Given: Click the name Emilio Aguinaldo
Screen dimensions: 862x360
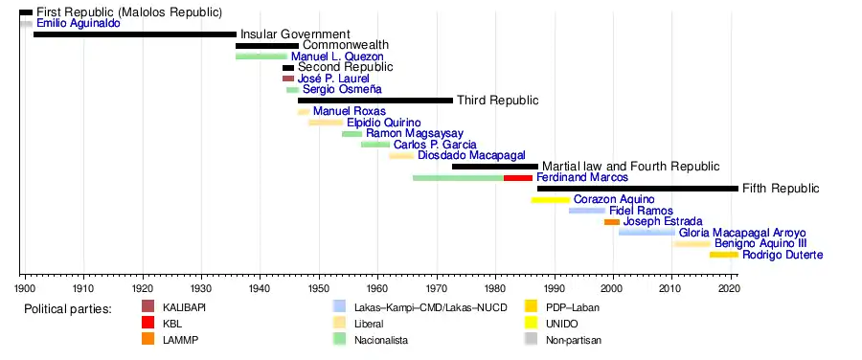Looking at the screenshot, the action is [x=79, y=24].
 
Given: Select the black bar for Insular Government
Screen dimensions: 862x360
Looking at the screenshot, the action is [x=135, y=34].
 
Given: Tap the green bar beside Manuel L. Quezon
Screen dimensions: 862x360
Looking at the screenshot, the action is [x=261, y=56].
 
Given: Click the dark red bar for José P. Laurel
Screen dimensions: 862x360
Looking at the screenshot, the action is [x=288, y=79].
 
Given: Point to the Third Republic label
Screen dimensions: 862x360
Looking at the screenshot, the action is [x=498, y=101].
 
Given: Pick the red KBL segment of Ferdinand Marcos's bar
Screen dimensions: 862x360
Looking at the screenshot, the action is [x=518, y=178].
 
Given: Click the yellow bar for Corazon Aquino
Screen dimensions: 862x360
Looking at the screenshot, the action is [x=551, y=200].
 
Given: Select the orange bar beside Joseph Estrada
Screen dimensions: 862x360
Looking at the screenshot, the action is [x=612, y=222].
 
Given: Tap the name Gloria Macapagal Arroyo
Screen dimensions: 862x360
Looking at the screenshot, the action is [x=742, y=233].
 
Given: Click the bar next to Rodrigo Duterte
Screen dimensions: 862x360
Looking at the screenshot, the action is [x=724, y=255].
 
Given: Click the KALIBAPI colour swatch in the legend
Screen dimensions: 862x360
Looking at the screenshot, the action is [x=147, y=306].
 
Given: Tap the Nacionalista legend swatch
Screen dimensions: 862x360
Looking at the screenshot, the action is [x=340, y=340].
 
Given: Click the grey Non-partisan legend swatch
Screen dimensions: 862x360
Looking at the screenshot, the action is [x=531, y=340].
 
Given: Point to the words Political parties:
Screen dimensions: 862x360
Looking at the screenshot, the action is [x=68, y=309].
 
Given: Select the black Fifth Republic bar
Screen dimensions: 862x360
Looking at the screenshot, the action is [x=638, y=189].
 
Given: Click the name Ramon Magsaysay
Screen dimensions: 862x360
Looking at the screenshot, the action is [x=415, y=133].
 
